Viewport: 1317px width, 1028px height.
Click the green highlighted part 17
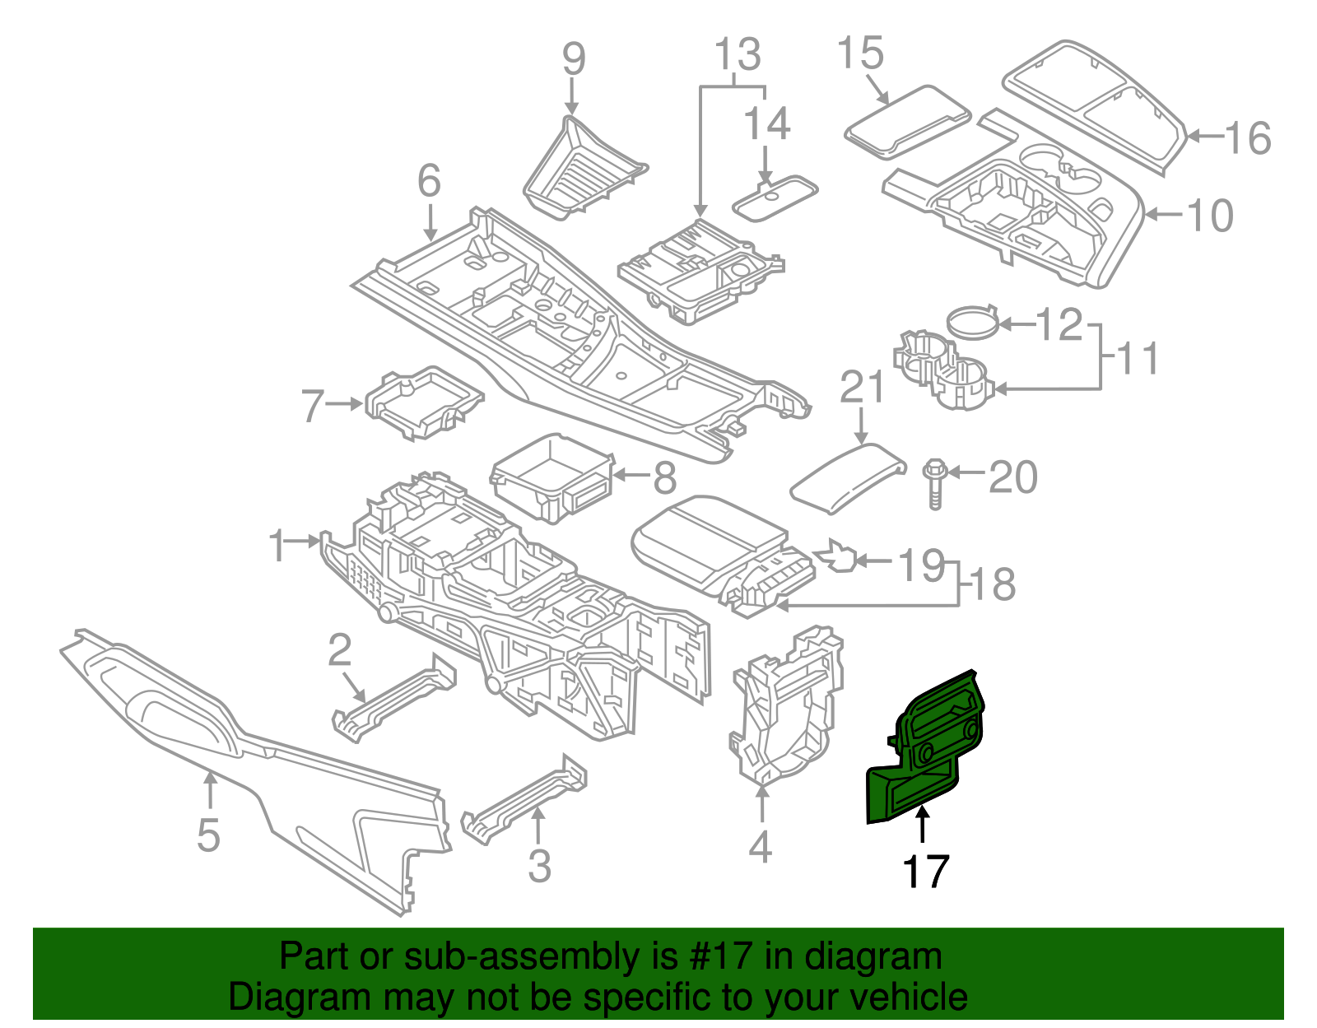click(x=926, y=745)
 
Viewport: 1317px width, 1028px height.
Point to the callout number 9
click(x=574, y=60)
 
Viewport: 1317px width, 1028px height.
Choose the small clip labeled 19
click(x=838, y=556)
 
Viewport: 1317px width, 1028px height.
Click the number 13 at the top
click(x=738, y=55)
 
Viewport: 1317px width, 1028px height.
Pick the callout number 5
click(x=208, y=835)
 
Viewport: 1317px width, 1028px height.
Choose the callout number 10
click(x=1210, y=216)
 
